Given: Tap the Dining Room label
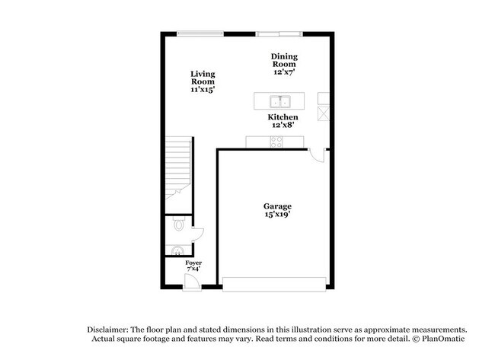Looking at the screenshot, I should (x=284, y=60).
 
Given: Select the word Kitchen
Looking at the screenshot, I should (x=283, y=117).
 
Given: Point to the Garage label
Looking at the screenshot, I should (x=277, y=206).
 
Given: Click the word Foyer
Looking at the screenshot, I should (x=193, y=263).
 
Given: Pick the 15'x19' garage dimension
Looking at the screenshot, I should (x=277, y=215).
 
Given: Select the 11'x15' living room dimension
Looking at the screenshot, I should (x=203, y=90).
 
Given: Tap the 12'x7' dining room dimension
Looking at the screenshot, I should (x=284, y=73).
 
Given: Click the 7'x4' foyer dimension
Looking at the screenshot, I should (x=193, y=269).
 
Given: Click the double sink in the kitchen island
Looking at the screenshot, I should (x=281, y=101).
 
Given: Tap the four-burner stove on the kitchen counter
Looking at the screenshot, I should (x=276, y=141).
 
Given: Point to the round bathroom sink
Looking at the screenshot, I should (x=175, y=250).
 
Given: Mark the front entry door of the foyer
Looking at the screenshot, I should (x=192, y=282).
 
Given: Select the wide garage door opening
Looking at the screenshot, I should (x=274, y=285).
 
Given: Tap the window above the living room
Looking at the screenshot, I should (x=200, y=33).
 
